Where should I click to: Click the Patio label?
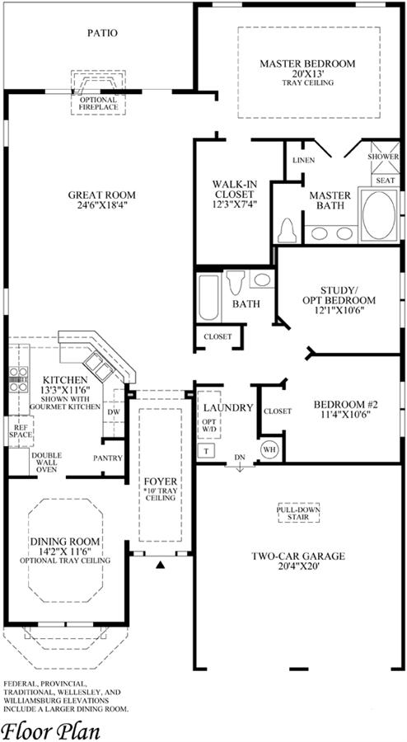tap(103, 33)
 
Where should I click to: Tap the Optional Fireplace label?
tap(98, 104)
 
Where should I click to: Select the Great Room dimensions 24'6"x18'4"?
tap(102, 205)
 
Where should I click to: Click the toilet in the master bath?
tap(286, 232)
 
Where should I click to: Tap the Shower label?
tap(383, 157)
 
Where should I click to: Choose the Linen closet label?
tap(303, 161)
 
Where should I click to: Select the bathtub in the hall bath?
tap(208, 297)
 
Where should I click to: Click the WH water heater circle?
tap(269, 448)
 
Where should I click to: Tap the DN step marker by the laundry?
tap(240, 461)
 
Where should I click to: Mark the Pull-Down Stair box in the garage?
tap(298, 513)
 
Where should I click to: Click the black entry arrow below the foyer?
tap(161, 565)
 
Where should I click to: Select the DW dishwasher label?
tap(114, 411)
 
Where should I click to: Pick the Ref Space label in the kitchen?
tap(21, 430)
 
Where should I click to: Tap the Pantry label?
tap(108, 458)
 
